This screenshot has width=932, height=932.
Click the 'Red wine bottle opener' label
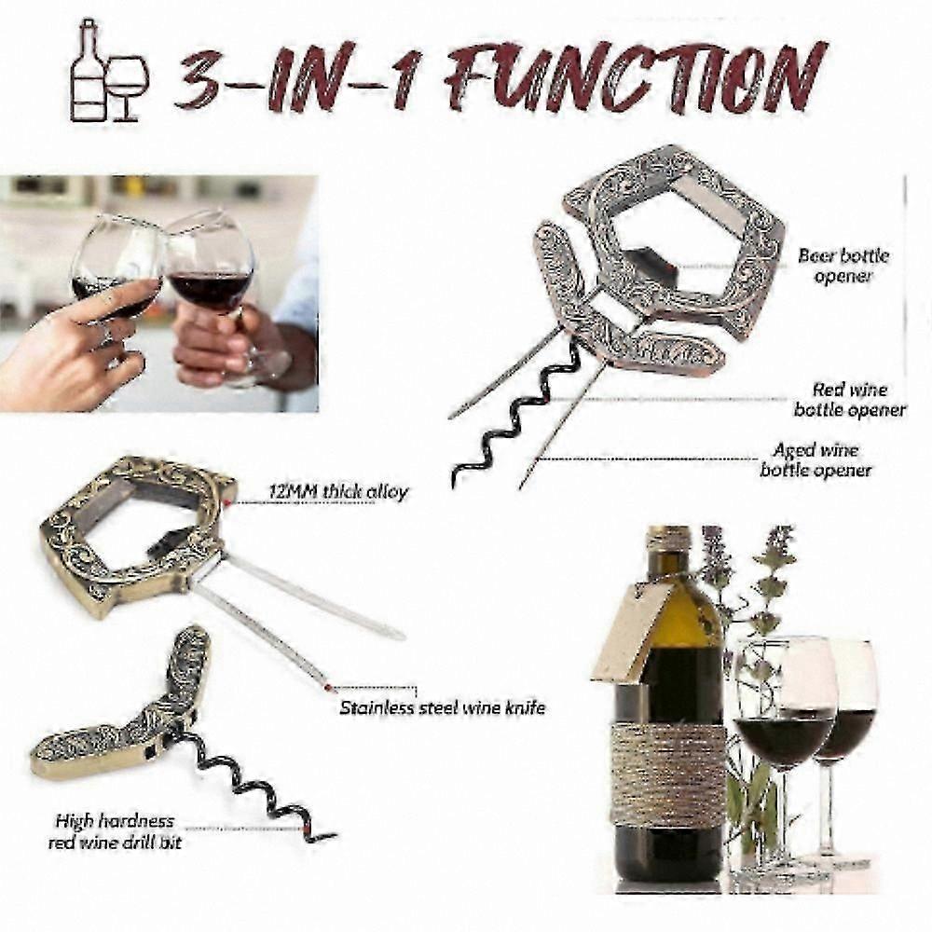(850, 400)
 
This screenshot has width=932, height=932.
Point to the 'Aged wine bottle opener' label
(815, 459)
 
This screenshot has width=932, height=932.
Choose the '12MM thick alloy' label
(338, 492)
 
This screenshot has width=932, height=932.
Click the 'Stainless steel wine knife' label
(442, 708)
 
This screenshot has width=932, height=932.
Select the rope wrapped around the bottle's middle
(668, 773)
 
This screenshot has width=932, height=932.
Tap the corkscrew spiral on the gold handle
(255, 785)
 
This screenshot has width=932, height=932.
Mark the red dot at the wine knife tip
(327, 688)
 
